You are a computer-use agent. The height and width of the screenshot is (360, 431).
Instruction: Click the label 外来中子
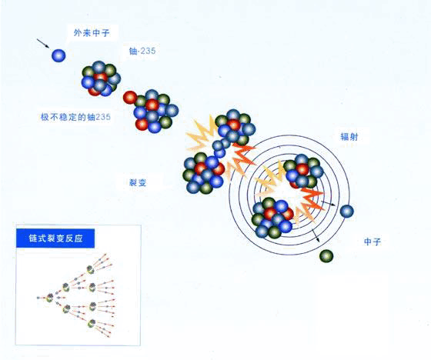(92, 33)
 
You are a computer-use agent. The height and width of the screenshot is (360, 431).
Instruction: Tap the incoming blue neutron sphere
(58, 55)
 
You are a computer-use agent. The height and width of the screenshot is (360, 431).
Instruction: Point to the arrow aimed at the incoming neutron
(43, 43)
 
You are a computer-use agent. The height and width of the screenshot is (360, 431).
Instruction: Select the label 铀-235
(142, 51)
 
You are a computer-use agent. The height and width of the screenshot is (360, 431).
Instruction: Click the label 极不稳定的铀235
(75, 117)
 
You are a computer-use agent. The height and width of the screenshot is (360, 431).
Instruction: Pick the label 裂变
(138, 183)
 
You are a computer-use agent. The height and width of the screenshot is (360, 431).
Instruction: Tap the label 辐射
(349, 137)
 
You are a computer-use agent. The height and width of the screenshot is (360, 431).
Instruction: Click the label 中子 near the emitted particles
(373, 242)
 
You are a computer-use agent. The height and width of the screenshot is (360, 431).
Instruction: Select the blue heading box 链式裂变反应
(55, 238)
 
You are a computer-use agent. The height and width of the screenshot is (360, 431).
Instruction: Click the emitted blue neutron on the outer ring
(347, 212)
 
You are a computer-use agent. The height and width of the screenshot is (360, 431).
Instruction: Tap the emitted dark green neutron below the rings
(326, 256)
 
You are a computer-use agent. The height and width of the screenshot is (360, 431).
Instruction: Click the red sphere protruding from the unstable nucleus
(130, 98)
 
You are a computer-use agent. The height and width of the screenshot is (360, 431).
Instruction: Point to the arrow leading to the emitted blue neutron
(328, 203)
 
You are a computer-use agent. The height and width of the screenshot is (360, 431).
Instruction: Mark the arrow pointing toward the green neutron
(316, 236)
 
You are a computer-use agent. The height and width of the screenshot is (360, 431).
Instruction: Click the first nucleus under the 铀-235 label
(101, 78)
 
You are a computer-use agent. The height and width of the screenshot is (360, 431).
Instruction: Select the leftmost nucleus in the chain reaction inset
(50, 298)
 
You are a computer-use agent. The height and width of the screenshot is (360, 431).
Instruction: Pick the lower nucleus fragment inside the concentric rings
(272, 218)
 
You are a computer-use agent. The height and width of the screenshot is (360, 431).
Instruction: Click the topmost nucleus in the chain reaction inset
(91, 269)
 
